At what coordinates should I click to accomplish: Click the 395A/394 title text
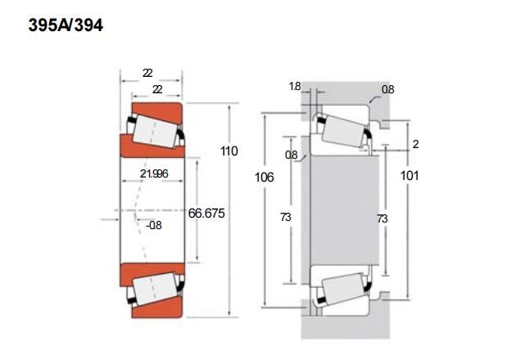(65, 25)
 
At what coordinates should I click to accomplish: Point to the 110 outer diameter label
(229, 151)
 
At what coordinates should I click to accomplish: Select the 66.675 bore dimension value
(206, 214)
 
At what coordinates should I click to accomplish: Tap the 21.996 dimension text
(154, 173)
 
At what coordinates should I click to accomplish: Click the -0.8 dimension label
(154, 226)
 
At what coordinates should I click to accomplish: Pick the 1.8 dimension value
(295, 87)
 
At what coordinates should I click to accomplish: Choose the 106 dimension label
(264, 178)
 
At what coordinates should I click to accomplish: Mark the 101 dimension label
(409, 176)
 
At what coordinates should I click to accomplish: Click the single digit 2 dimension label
(415, 144)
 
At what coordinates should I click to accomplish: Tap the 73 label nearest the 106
(286, 218)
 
